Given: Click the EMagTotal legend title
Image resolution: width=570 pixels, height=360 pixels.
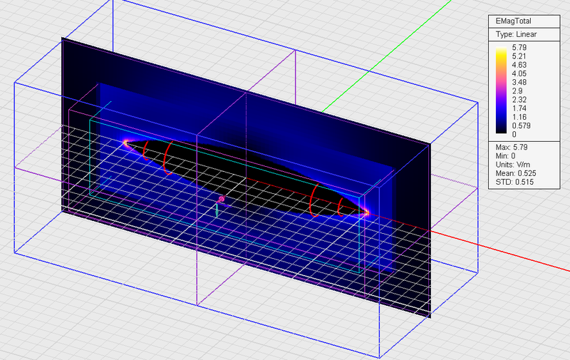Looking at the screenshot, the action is pyautogui.click(x=513, y=21).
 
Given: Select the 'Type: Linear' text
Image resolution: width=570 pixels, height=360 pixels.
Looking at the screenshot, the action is pyautogui.click(x=516, y=34).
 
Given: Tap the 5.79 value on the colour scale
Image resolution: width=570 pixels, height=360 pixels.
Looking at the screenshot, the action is pyautogui.click(x=519, y=47).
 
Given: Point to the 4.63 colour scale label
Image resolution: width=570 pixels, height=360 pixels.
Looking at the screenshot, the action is pyautogui.click(x=519, y=65).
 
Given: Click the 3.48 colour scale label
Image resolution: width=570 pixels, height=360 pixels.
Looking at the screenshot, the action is pyautogui.click(x=519, y=82).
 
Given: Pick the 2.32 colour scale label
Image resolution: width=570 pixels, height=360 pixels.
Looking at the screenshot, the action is pyautogui.click(x=519, y=100).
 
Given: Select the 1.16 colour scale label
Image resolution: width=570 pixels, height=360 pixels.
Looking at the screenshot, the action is pyautogui.click(x=519, y=117).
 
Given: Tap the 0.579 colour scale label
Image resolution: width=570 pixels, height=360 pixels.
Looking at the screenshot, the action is pyautogui.click(x=522, y=125).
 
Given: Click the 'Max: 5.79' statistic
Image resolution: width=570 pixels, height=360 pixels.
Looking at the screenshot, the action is pyautogui.click(x=512, y=148).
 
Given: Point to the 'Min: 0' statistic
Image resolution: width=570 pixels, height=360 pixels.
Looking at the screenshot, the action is pyautogui.click(x=505, y=156).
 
